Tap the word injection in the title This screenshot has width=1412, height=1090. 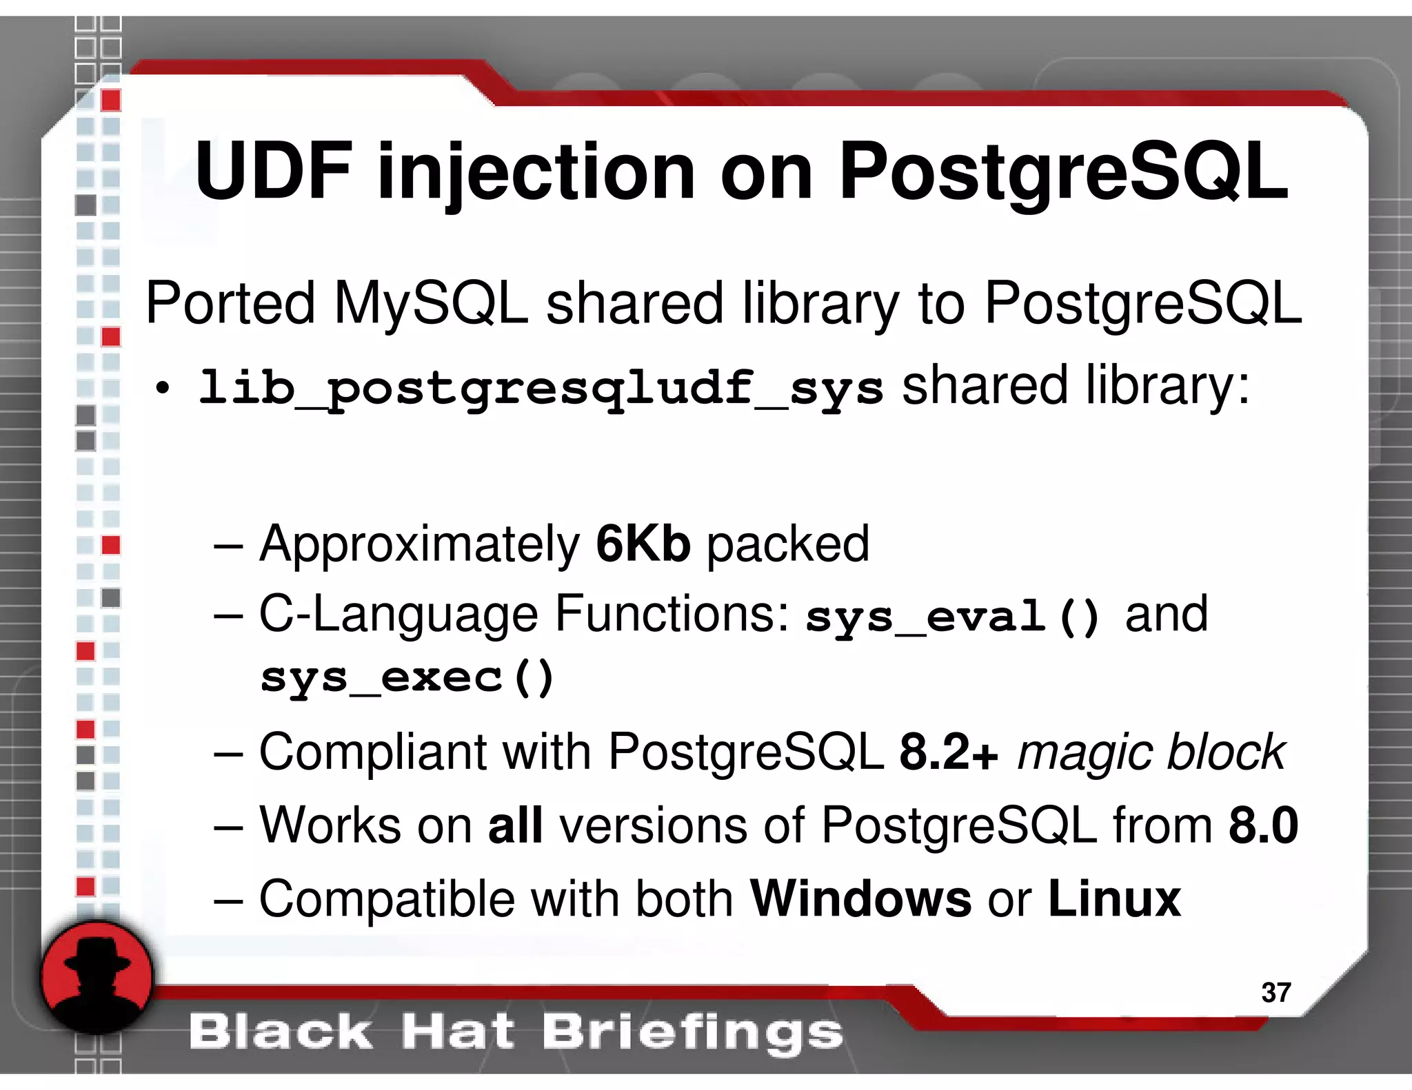click(x=536, y=172)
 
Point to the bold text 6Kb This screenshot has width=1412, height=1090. click(x=643, y=544)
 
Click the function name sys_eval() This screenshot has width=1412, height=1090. click(x=952, y=617)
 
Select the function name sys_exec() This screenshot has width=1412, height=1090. click(x=407, y=678)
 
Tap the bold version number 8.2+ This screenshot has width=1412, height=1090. click(x=949, y=752)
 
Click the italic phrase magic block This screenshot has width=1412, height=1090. click(x=1151, y=752)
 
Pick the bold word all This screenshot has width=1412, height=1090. click(x=515, y=825)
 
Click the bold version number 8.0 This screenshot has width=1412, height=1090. click(x=1263, y=825)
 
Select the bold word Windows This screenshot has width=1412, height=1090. click(x=860, y=898)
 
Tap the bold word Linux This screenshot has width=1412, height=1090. click(x=1114, y=898)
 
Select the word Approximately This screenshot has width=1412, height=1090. click(x=419, y=544)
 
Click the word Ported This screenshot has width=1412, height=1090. click(x=230, y=304)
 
